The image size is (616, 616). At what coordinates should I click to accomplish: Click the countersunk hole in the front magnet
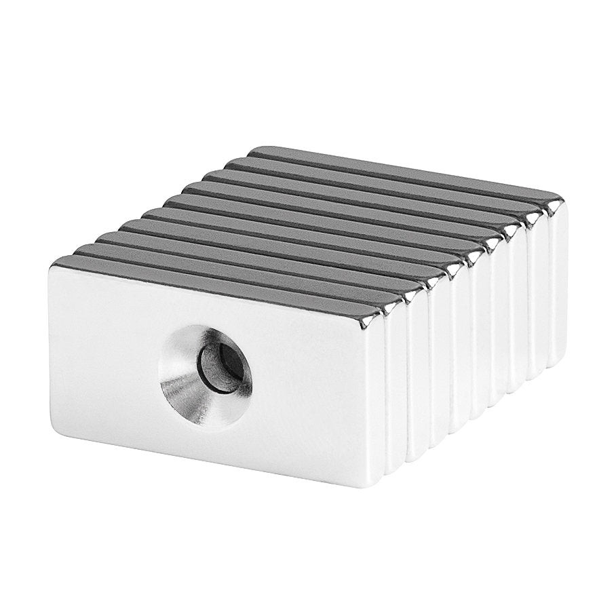(x=206, y=374)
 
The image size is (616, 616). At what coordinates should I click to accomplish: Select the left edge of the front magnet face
(x=50, y=349)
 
